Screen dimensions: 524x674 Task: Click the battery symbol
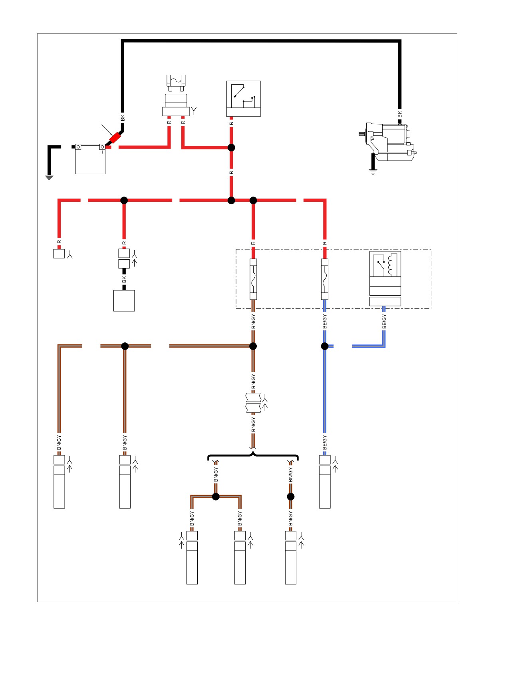(90, 159)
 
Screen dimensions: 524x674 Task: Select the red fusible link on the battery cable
(115, 138)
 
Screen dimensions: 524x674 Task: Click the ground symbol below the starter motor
(373, 172)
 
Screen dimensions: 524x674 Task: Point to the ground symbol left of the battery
(49, 177)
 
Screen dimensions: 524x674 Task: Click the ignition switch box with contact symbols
(244, 99)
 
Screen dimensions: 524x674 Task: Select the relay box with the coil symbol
(385, 278)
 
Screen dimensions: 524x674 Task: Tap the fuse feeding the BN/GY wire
(253, 279)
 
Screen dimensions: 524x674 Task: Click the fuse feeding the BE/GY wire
(325, 279)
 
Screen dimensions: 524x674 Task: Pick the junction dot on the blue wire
(325, 346)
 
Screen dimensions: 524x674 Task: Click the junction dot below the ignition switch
(231, 147)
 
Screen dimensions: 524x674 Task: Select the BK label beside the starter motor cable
(400, 115)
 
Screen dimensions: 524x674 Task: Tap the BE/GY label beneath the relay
(384, 322)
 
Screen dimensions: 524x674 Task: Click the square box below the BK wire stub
(124, 301)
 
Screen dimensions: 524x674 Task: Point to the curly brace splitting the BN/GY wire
(253, 455)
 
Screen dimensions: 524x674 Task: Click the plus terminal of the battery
(102, 147)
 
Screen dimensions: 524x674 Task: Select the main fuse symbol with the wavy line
(176, 81)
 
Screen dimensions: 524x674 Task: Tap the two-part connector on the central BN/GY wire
(253, 403)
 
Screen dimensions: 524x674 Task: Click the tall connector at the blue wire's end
(325, 481)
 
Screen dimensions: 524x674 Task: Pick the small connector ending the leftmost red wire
(59, 253)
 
